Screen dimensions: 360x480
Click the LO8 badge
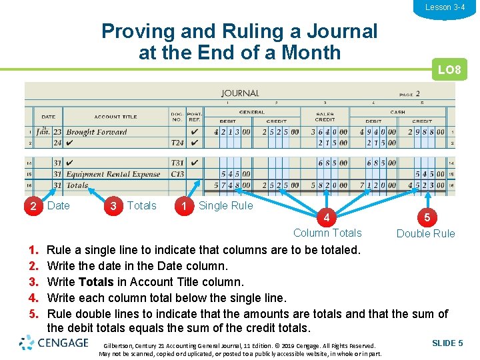tap(449, 69)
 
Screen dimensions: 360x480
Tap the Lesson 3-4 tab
tap(445, 7)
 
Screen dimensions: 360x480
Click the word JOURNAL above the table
tap(240, 93)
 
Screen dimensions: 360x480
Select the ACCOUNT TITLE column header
tap(115, 117)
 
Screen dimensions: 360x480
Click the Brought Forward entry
tap(96, 132)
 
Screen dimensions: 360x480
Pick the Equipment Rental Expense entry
tap(113, 174)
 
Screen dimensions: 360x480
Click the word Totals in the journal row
tap(77, 185)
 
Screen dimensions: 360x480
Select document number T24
tap(177, 143)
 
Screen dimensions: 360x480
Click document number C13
tap(177, 174)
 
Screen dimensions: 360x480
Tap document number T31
tap(177, 163)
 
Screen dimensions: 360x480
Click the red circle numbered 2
tap(33, 205)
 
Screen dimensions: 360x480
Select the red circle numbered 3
tap(113, 205)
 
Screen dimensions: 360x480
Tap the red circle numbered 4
tap(325, 217)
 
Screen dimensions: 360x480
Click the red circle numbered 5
tap(426, 217)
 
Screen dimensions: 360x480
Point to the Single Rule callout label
tap(226, 205)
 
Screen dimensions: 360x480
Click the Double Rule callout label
tap(425, 233)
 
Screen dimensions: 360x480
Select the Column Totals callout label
tap(327, 233)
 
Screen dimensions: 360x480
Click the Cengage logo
tap(54, 343)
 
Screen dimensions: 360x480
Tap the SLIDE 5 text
tap(447, 343)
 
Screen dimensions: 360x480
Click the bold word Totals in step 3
tap(95, 282)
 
